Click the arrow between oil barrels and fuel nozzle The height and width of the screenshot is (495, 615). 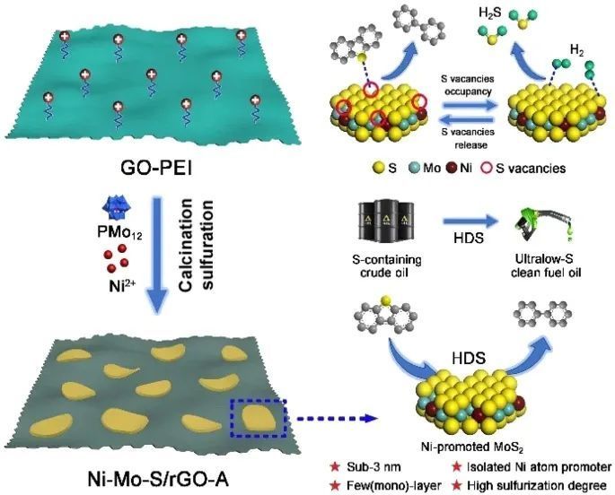pyautogui.click(x=453, y=222)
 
